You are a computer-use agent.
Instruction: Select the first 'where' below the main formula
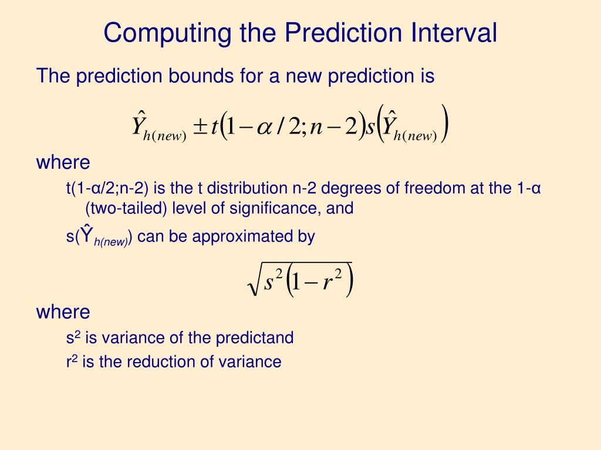tap(63, 162)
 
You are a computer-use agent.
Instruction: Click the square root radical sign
tap(254, 282)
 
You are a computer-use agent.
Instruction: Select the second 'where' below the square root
tap(63, 312)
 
